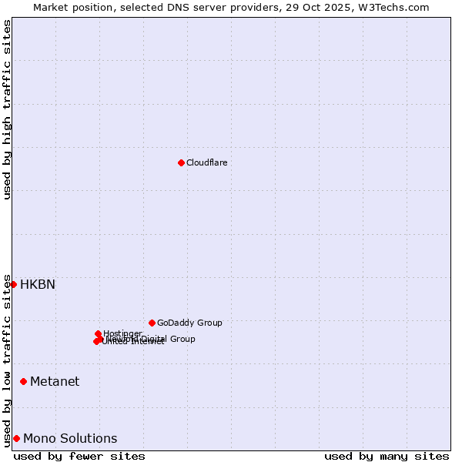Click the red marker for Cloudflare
click(x=181, y=162)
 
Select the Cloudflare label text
click(x=206, y=162)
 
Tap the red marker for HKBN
click(x=13, y=284)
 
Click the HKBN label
click(x=38, y=284)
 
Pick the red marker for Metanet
click(x=24, y=381)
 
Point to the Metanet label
click(x=55, y=381)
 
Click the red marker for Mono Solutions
click(x=16, y=438)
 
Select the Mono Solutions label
click(x=70, y=438)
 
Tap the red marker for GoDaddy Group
click(x=152, y=323)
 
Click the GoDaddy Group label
click(x=189, y=323)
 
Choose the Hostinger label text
click(x=123, y=333)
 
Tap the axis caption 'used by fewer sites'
click(x=79, y=456)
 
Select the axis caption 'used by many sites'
click(x=387, y=456)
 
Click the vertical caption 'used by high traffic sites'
click(x=8, y=109)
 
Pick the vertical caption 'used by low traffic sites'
click(x=8, y=360)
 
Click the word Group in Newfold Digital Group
click(x=182, y=339)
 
